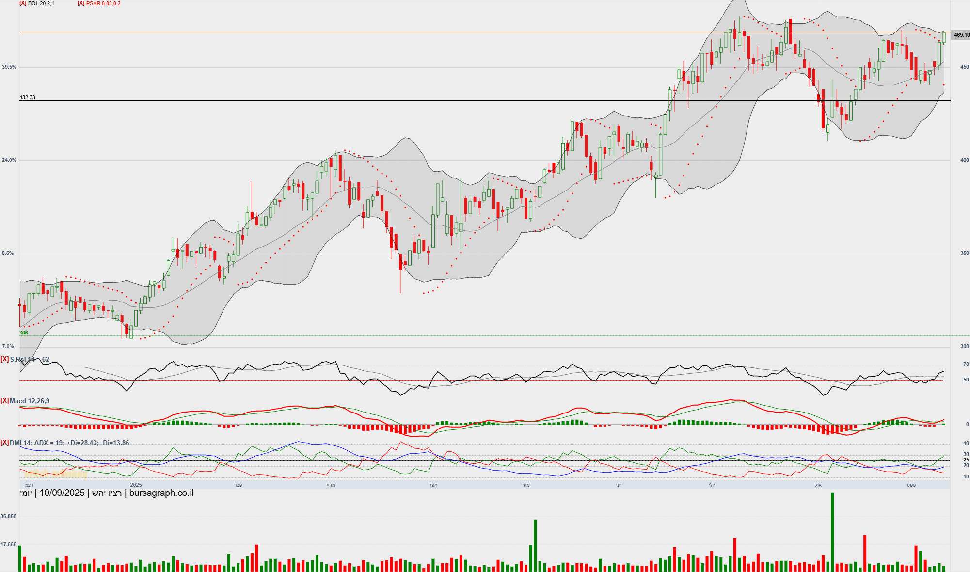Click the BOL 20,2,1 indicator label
pos(41,3)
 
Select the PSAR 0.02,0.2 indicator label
pos(103,3)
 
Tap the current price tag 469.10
pos(961,35)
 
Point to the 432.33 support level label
pos(27,97)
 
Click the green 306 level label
pos(24,333)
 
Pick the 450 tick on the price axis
pos(965,67)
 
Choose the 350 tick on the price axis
pos(965,254)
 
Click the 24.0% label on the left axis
pos(9,160)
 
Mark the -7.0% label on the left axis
pos(8,347)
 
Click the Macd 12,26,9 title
pos(29,401)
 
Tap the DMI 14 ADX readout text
pos(69,443)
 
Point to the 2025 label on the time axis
pos(136,485)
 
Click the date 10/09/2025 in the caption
pos(62,493)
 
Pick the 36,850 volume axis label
pos(9,516)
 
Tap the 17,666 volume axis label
pos(9,544)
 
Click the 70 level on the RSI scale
pos(966,364)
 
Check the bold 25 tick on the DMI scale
pos(966,460)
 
